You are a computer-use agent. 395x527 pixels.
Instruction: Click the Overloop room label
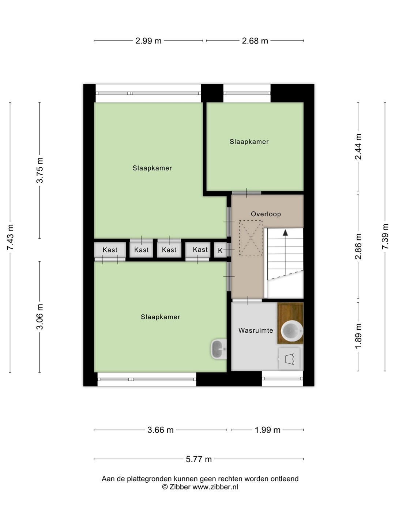tap(266, 214)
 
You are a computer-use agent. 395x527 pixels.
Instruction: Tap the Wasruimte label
tap(256, 330)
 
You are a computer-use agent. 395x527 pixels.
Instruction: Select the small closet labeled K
tap(220, 250)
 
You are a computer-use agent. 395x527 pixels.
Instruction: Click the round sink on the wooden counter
tap(292, 330)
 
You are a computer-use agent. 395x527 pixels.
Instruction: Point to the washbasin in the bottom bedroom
tap(218, 349)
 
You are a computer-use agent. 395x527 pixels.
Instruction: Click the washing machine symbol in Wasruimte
tap(289, 359)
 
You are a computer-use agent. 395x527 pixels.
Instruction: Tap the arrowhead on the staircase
tap(285, 232)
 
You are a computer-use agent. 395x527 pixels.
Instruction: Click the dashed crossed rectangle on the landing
tap(251, 238)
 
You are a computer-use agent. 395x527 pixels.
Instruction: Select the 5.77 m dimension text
tap(199, 459)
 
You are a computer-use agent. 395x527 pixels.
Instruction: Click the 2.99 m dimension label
tap(148, 41)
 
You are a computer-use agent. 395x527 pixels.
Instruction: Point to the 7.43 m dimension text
tap(10, 237)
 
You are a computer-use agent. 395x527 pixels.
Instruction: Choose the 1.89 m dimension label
tap(358, 336)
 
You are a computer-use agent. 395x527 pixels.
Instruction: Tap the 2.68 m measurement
tap(255, 41)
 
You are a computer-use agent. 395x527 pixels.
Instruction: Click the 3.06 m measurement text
tap(40, 317)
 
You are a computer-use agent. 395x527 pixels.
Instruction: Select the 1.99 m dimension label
tap(267, 430)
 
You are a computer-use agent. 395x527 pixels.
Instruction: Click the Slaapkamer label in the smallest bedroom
tap(249, 142)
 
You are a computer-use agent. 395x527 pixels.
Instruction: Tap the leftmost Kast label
tap(110, 250)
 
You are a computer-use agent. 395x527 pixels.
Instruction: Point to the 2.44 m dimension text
tap(358, 146)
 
